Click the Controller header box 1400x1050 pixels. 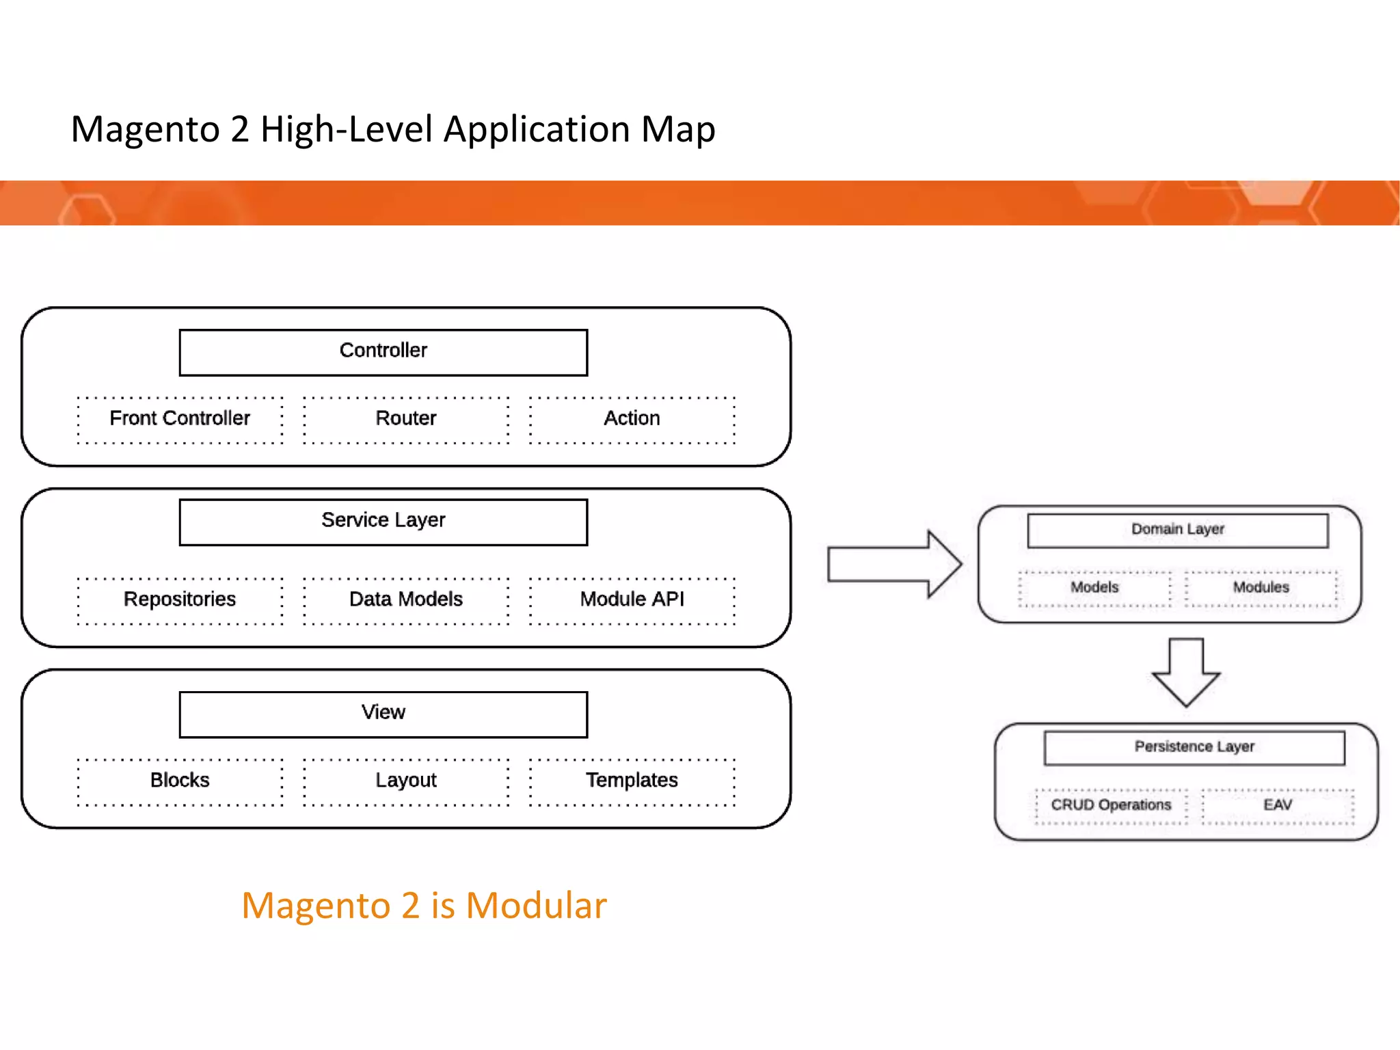[x=383, y=352]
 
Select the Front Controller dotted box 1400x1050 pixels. [x=180, y=419]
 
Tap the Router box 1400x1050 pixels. [x=406, y=419]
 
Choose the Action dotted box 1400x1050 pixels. [x=632, y=419]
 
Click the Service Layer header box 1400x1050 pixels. [x=383, y=522]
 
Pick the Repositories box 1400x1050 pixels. [x=180, y=600]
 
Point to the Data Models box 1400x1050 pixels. [x=406, y=600]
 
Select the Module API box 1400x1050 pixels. [x=632, y=600]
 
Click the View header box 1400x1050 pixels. [x=383, y=714]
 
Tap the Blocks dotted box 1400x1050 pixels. [x=180, y=781]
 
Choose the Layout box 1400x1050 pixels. [x=406, y=781]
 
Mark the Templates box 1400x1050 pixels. [x=632, y=781]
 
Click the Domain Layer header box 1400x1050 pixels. [x=1177, y=530]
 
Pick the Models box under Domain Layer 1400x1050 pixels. [x=1094, y=589]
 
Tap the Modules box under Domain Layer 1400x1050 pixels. [x=1261, y=589]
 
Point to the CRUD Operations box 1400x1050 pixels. [x=1111, y=806]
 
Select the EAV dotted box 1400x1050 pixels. [x=1277, y=806]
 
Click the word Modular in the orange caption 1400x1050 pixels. [x=536, y=906]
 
